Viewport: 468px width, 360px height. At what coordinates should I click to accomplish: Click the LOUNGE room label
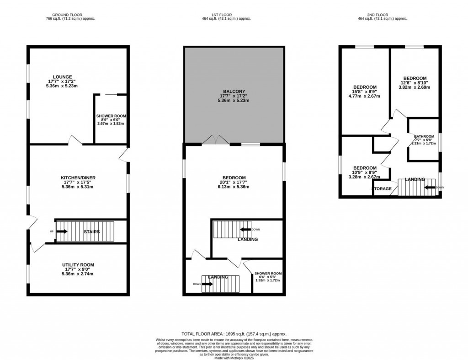(62, 77)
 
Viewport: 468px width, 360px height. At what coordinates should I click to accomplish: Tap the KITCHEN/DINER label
(78, 177)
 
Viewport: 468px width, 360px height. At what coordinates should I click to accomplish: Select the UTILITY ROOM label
(78, 265)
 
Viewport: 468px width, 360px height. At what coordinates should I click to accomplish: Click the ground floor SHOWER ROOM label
(111, 116)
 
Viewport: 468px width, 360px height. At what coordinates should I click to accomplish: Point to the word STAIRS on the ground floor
(91, 232)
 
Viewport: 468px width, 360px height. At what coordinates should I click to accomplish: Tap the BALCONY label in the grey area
(234, 91)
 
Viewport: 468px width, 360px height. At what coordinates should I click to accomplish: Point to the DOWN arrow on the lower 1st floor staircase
(207, 284)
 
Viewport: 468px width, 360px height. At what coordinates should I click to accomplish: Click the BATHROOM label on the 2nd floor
(424, 136)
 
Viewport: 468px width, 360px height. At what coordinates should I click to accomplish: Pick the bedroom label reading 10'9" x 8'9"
(365, 172)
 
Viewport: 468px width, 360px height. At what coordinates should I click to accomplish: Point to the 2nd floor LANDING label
(415, 179)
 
